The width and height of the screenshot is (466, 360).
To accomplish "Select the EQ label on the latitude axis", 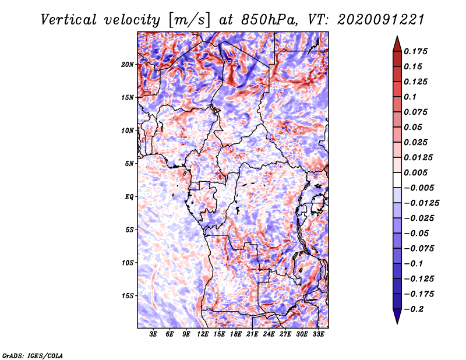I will [129, 197].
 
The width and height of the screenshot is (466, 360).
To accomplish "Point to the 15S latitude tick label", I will [128, 296].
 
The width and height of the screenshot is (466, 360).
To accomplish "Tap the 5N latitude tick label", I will [129, 164].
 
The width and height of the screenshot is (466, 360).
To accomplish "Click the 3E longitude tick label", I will [154, 335].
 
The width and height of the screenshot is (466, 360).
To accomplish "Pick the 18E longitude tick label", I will [236, 335].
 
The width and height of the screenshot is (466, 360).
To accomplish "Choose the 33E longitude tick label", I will [318, 335].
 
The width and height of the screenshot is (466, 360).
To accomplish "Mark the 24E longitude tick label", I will [269, 335].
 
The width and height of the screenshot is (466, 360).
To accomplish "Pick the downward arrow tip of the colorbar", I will [397, 322].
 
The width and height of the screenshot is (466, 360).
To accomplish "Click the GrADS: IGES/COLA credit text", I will [32, 355].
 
